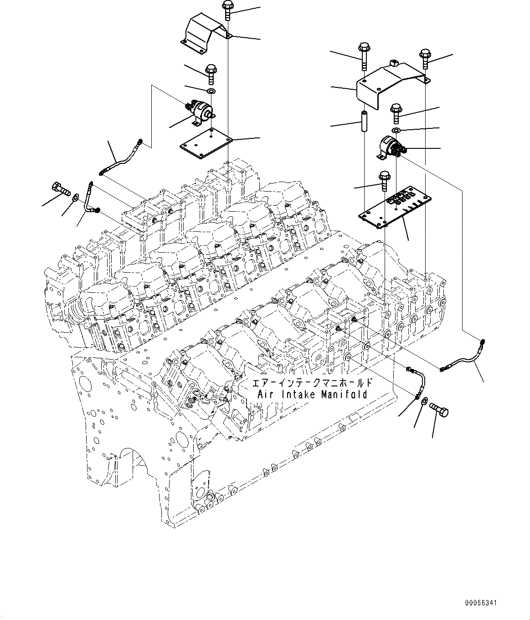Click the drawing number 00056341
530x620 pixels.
[x=481, y=603]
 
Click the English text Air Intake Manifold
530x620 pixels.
[x=313, y=395]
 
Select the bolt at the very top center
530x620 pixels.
[x=227, y=10]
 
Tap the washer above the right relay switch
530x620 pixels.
[x=396, y=131]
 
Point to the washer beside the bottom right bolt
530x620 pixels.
[x=424, y=401]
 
